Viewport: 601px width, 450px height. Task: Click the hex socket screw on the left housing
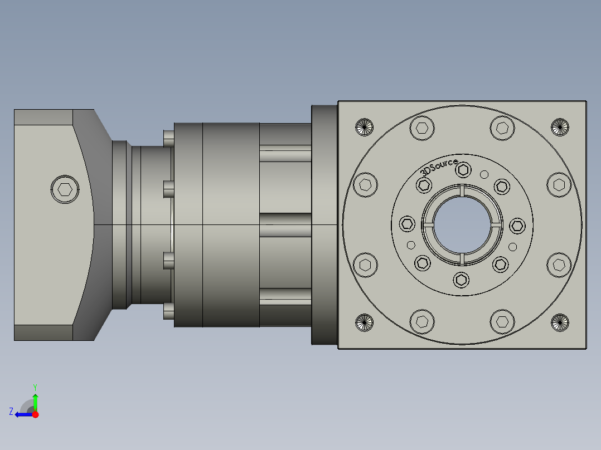pyautogui.click(x=65, y=190)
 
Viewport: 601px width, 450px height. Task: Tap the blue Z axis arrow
pyautogui.click(x=21, y=414)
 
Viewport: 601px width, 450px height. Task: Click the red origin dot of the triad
pyautogui.click(x=35, y=414)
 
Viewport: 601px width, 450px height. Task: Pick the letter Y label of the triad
pyautogui.click(x=35, y=387)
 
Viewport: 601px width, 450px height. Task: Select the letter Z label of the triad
pyautogui.click(x=11, y=412)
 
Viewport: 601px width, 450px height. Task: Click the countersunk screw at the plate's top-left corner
pyautogui.click(x=363, y=127)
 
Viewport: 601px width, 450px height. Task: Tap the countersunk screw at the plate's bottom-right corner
pyautogui.click(x=560, y=322)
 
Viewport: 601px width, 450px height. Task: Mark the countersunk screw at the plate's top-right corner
pyautogui.click(x=560, y=127)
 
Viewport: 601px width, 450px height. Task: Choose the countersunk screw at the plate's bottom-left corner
pyautogui.click(x=363, y=322)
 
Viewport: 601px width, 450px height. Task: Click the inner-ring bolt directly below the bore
pyautogui.click(x=462, y=280)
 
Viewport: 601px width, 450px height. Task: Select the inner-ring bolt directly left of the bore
pyautogui.click(x=407, y=225)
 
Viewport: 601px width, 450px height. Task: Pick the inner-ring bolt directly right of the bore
pyautogui.click(x=517, y=226)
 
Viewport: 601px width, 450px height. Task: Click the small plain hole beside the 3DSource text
pyautogui.click(x=484, y=173)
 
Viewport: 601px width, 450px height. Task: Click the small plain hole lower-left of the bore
pyautogui.click(x=411, y=245)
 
